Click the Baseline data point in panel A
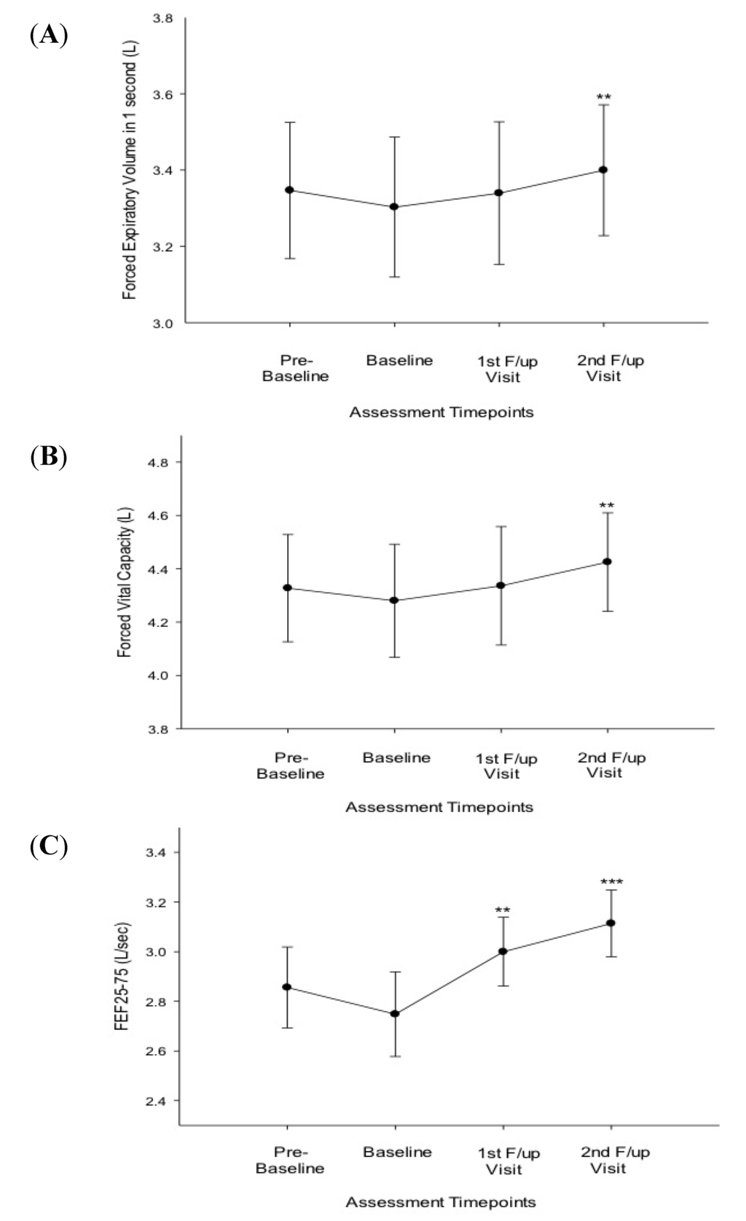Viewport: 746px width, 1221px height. coord(394,206)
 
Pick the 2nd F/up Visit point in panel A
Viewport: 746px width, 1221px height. coord(603,170)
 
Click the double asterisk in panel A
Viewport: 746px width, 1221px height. coord(603,97)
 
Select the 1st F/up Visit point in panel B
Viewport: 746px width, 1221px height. coord(500,585)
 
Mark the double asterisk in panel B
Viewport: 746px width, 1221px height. coord(606,505)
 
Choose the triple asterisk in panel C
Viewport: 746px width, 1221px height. coord(611,883)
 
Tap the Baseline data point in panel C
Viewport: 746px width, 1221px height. coord(395,1013)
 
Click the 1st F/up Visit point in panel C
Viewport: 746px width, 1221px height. coord(503,951)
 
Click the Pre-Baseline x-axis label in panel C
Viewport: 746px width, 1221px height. coord(290,1160)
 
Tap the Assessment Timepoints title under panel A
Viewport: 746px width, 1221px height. coord(441,413)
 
